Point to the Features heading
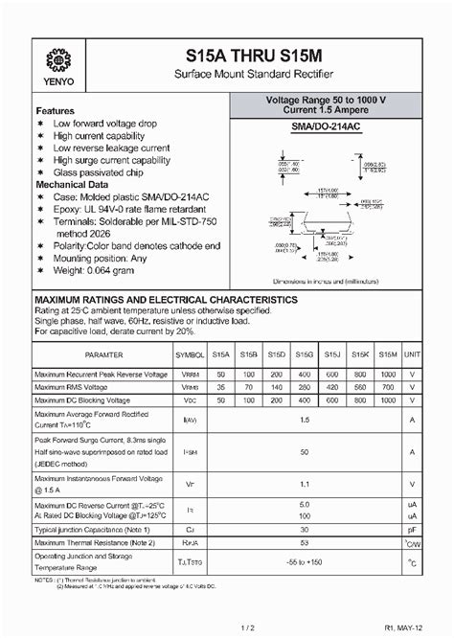point(56,111)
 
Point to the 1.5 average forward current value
point(305,420)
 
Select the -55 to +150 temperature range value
point(305,562)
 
